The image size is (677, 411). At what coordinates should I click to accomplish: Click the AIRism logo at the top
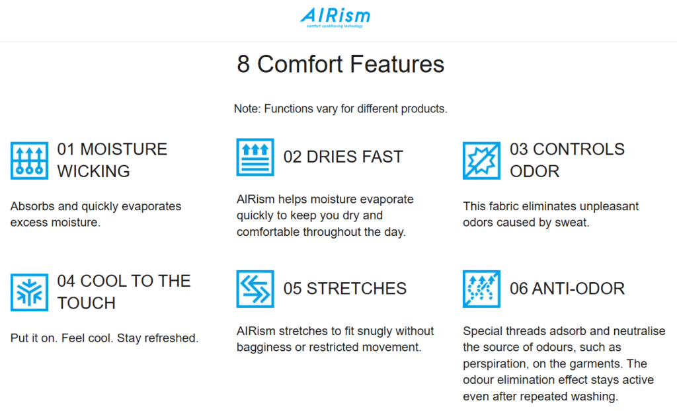335,18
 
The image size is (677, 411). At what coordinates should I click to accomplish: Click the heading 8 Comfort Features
340,64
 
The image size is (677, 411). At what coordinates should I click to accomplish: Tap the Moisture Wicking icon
29,161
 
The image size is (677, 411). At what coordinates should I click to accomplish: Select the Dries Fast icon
255,157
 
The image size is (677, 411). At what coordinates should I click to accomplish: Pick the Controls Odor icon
481,161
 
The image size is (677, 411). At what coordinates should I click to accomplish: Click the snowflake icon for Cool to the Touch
29,292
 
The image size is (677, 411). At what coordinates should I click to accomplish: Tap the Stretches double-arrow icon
255,289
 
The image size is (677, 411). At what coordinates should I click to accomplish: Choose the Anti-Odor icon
481,289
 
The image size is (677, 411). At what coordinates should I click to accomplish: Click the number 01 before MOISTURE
66,149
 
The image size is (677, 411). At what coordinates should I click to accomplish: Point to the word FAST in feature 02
383,157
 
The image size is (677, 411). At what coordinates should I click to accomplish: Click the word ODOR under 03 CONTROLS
534,171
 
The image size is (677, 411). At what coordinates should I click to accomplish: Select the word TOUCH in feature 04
87,303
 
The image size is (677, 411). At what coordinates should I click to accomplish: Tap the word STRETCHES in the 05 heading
356,288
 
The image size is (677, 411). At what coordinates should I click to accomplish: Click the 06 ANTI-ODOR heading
567,288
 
